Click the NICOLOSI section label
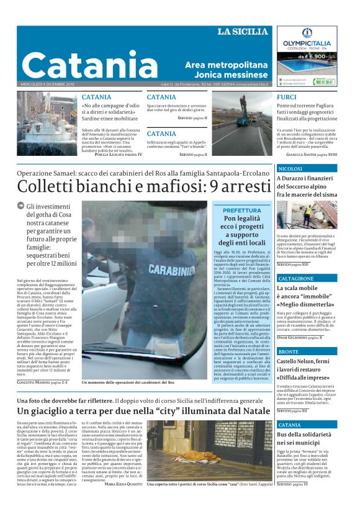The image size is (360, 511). coord(291,169)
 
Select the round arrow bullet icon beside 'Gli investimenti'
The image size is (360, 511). coord(20,206)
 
